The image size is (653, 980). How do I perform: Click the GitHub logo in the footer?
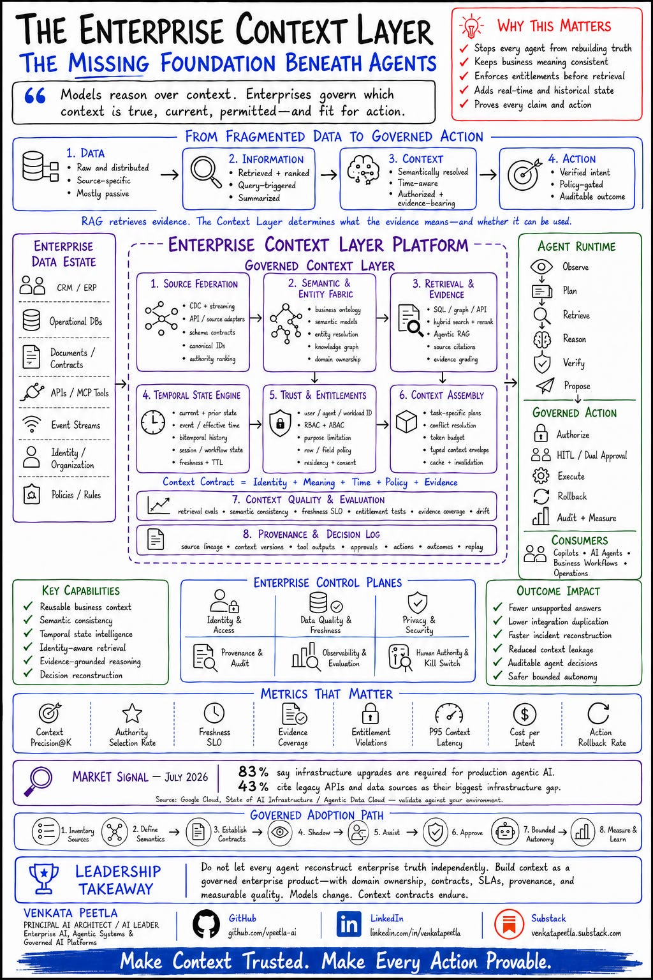tap(206, 924)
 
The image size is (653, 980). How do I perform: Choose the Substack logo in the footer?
tap(509, 924)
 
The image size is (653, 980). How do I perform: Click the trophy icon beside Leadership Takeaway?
tap(44, 879)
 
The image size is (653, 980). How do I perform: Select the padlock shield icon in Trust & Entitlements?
tap(281, 423)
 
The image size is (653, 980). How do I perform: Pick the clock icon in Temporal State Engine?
tap(153, 422)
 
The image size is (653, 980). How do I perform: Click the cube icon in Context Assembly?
tap(406, 421)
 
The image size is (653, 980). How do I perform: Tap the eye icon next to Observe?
tap(541, 267)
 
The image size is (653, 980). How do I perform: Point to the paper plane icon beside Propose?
tap(545, 385)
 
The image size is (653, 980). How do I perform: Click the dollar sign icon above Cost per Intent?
tap(524, 714)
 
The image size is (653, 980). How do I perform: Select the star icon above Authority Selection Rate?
tap(131, 713)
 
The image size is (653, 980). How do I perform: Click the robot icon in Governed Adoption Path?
tap(505, 831)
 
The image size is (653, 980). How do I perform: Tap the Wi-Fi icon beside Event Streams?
tap(31, 424)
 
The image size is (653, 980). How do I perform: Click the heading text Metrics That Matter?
tap(326, 694)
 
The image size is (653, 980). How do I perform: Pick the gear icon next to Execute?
tap(541, 475)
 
